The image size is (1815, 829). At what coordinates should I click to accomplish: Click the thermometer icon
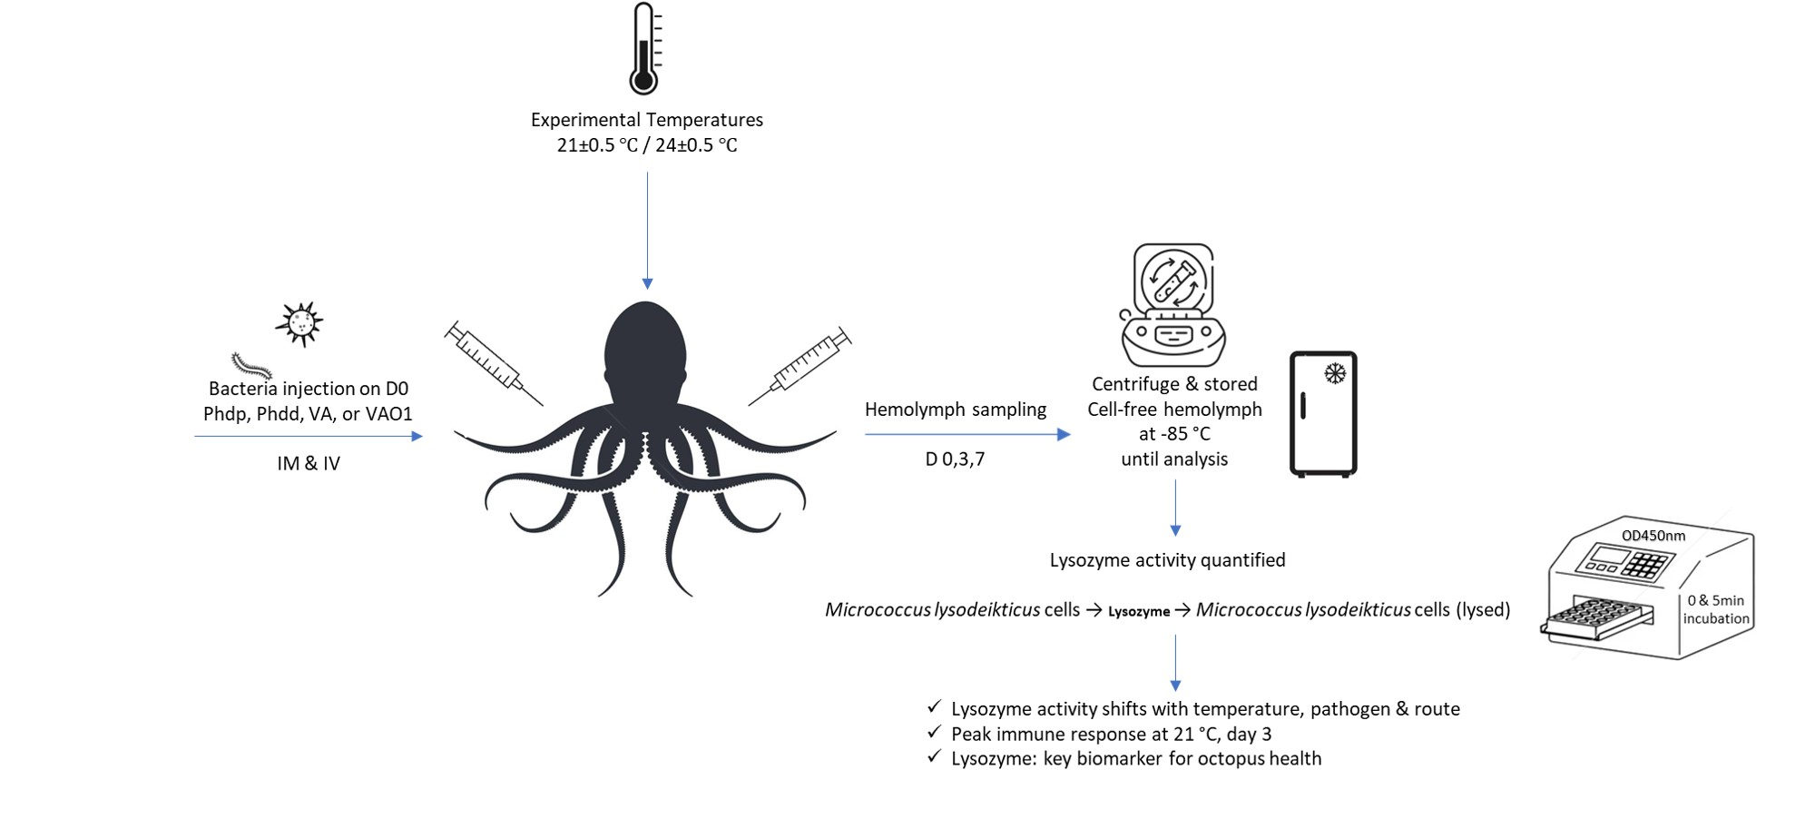[x=643, y=49]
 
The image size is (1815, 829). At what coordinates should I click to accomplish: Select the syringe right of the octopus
[x=800, y=366]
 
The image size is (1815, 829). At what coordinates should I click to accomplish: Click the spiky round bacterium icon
[x=299, y=323]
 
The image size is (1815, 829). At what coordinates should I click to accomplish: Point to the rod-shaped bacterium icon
[x=251, y=365]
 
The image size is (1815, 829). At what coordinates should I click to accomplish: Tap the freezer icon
[x=1323, y=413]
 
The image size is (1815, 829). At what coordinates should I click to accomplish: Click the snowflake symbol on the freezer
[x=1335, y=373]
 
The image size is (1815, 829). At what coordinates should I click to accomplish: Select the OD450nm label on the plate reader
[x=1653, y=536]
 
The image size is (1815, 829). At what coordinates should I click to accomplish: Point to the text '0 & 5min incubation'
[x=1716, y=609]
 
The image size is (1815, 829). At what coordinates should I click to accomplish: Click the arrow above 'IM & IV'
[x=309, y=437]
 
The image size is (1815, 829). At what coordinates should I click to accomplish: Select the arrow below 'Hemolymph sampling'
[x=967, y=434]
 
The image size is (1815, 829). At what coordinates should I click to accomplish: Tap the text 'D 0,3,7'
[x=955, y=459]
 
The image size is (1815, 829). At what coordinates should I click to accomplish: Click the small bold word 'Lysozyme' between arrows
[x=1139, y=612]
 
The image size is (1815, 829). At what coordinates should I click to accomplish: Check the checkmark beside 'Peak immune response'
[x=935, y=732]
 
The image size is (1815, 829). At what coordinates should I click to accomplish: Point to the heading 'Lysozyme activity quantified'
[x=1167, y=560]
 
